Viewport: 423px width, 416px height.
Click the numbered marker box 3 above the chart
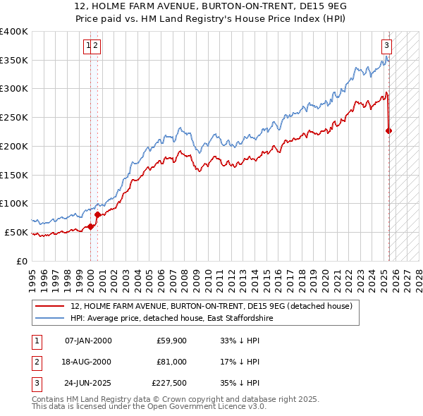pos(387,47)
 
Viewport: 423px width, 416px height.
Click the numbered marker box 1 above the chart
pos(89,47)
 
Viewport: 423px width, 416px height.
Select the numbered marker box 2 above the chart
pos(96,47)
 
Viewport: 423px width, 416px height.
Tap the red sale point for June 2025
pos(389,130)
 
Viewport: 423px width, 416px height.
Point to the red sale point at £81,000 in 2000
pos(97,214)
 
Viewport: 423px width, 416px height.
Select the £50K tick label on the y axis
pos(16,232)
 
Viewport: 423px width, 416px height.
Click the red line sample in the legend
pos(49,306)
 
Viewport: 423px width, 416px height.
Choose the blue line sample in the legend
pos(49,319)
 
